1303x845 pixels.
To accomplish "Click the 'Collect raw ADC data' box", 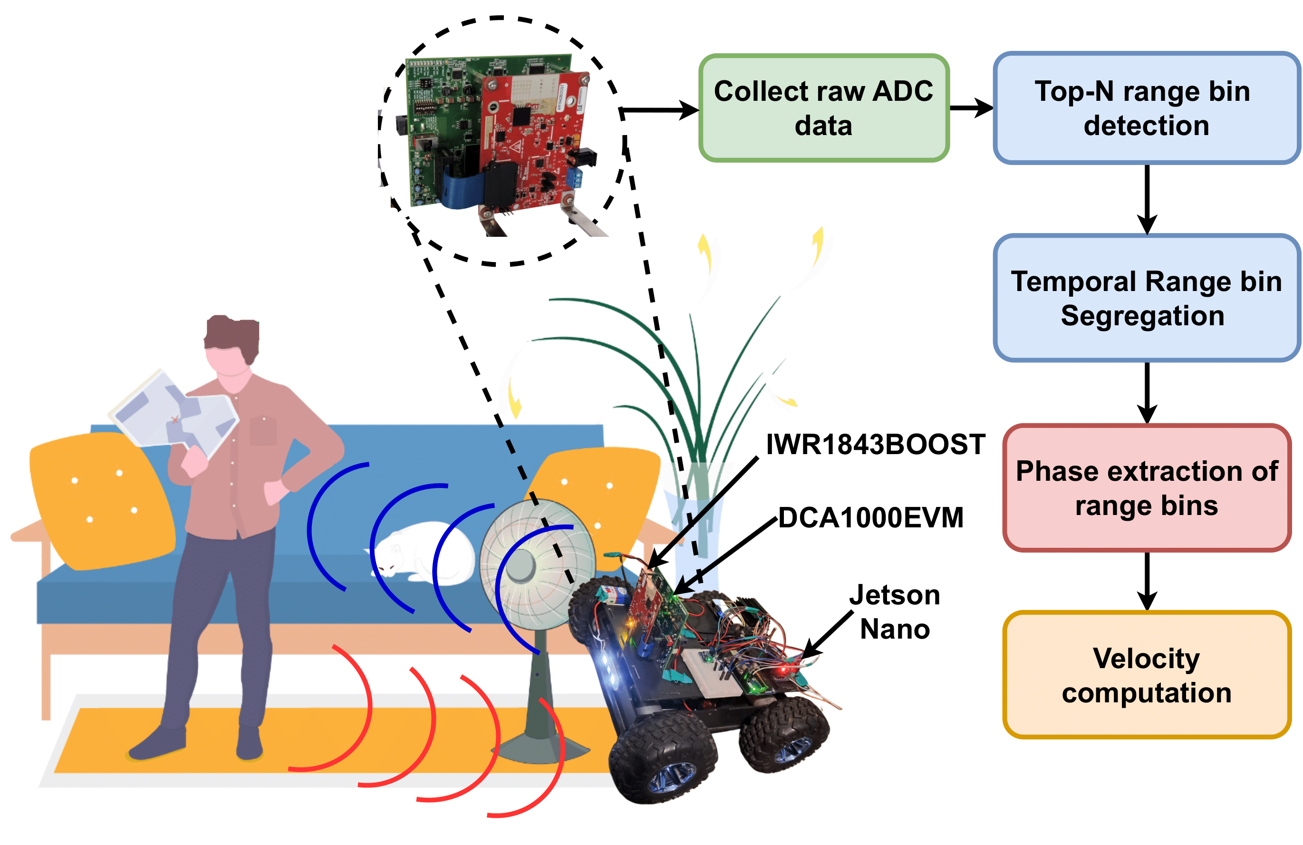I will click(x=823, y=108).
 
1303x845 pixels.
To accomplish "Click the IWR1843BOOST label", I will click(x=875, y=444).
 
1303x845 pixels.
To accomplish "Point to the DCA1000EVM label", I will click(x=870, y=517).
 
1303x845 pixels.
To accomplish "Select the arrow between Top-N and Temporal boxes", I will click(x=1147, y=199).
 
